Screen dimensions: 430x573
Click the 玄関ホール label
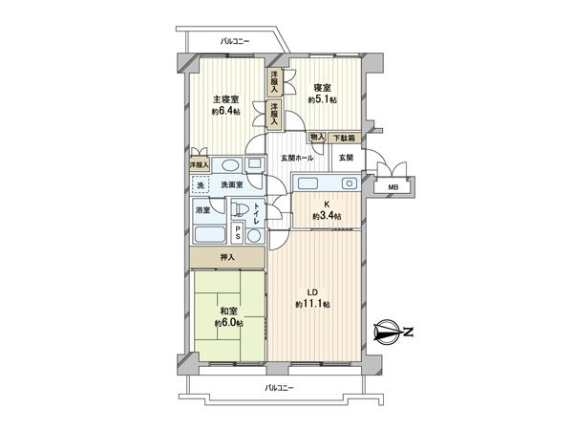(296, 157)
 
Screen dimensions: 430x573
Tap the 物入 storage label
(318, 139)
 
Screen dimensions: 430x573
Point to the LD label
(312, 291)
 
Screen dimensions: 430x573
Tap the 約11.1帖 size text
(312, 304)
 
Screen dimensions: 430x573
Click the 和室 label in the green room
(226, 312)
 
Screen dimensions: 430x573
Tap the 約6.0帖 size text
(226, 324)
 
